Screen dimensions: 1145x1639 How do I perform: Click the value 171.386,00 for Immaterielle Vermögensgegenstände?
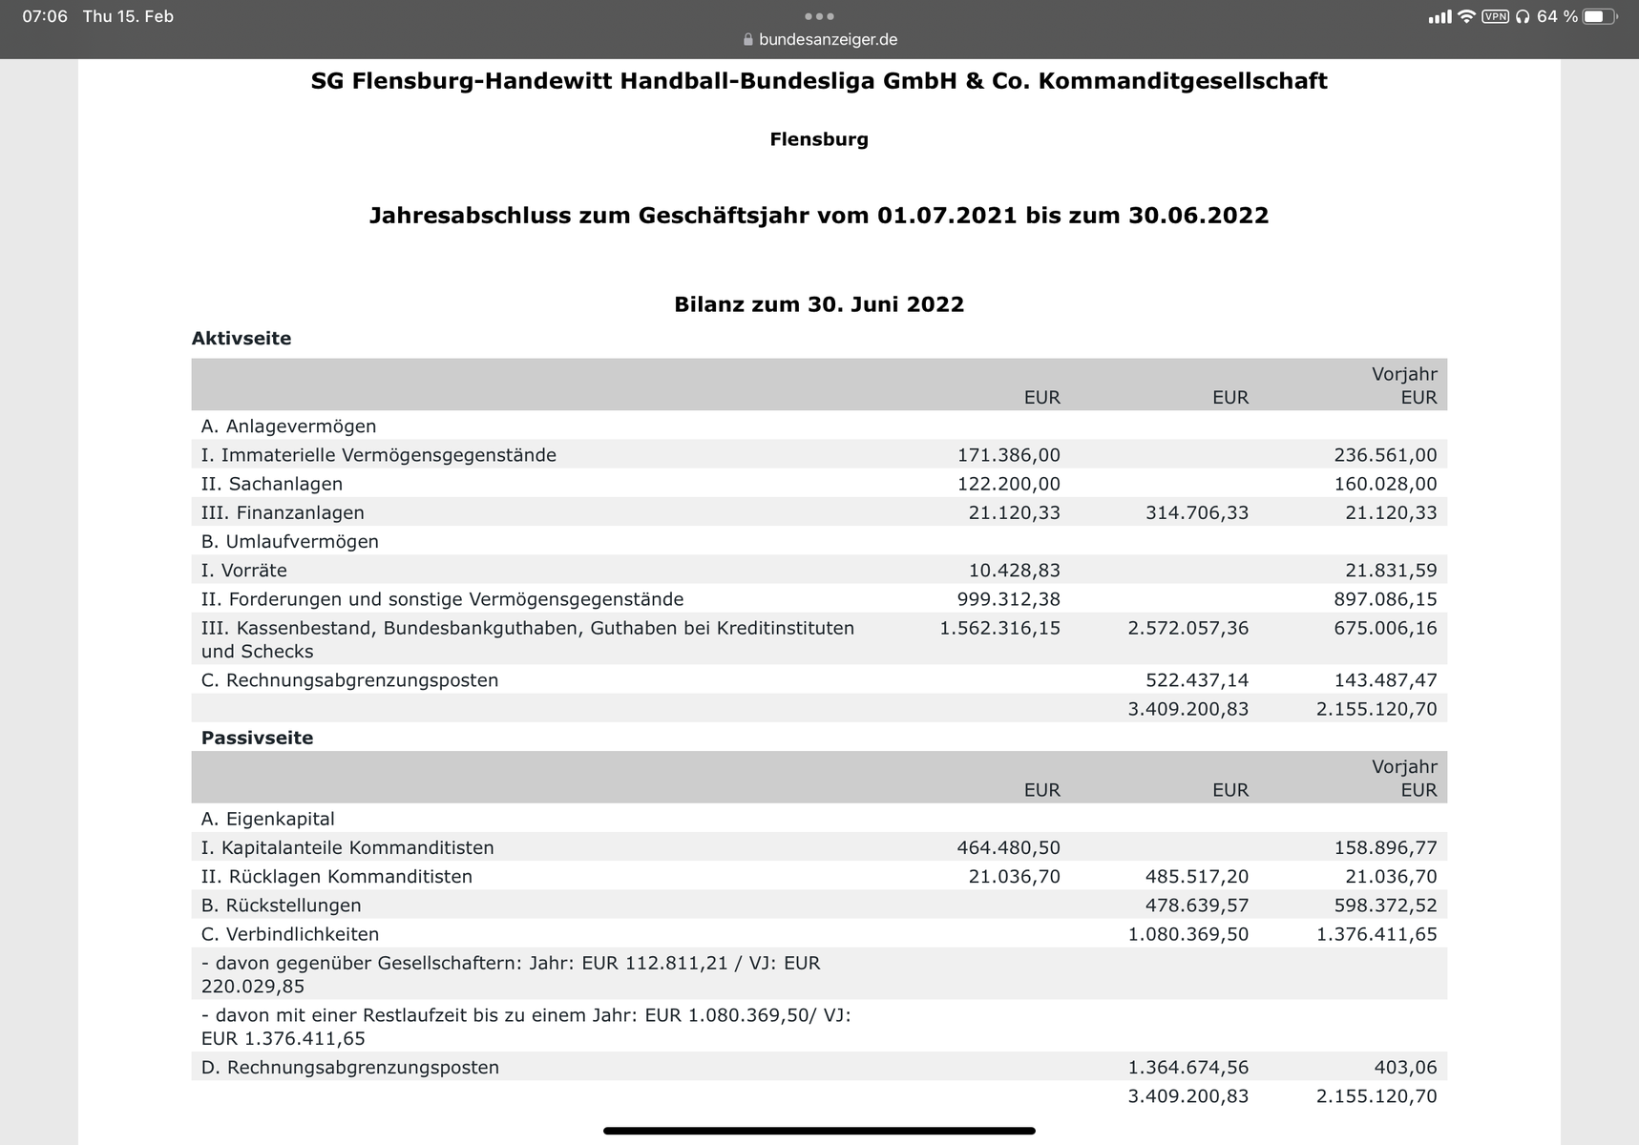pyautogui.click(x=1008, y=455)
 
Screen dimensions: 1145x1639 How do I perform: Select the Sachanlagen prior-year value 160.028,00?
pyautogui.click(x=1385, y=484)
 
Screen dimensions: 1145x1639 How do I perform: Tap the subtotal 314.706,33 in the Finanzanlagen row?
pyautogui.click(x=1196, y=512)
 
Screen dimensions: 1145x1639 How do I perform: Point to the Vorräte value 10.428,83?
pyautogui.click(x=1014, y=571)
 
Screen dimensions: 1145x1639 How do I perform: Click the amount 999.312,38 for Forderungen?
pyautogui.click(x=1008, y=599)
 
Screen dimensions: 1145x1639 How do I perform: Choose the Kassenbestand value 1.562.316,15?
pyautogui.click(x=999, y=628)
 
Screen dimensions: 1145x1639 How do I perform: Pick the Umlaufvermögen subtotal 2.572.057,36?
pyautogui.click(x=1187, y=628)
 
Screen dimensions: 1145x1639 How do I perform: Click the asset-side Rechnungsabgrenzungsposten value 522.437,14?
pyautogui.click(x=1196, y=680)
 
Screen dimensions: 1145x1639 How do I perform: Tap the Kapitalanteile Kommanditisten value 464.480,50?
pyautogui.click(x=1008, y=847)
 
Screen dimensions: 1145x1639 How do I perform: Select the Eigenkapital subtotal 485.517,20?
pyautogui.click(x=1196, y=876)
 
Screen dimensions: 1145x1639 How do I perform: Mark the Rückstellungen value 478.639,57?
pyautogui.click(x=1196, y=906)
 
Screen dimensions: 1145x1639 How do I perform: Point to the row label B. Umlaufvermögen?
pyautogui.click(x=290, y=542)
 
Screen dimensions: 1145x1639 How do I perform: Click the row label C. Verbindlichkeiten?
pyautogui.click(x=290, y=934)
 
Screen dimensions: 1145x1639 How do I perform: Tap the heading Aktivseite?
pyautogui.click(x=242, y=339)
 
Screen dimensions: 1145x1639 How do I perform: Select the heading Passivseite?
pyautogui.click(x=257, y=738)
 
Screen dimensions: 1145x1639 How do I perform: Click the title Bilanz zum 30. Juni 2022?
pyautogui.click(x=819, y=304)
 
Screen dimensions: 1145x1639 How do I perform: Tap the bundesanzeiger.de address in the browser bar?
pyautogui.click(x=828, y=40)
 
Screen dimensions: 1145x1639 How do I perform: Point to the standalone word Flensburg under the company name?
pyautogui.click(x=819, y=139)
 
